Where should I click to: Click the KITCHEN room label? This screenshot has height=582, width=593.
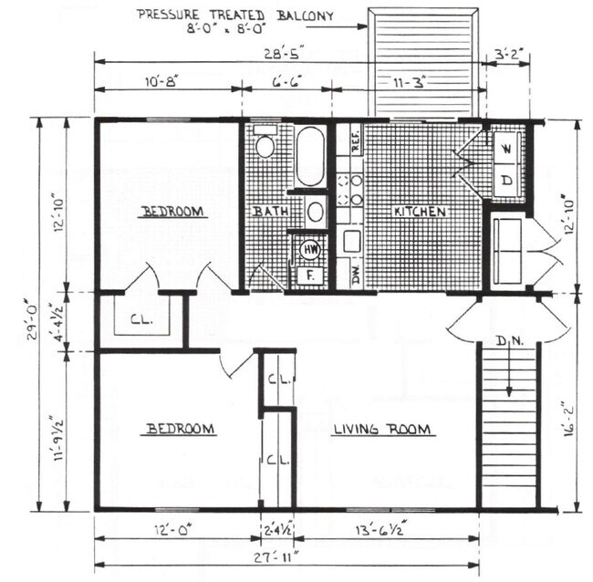pos(420,212)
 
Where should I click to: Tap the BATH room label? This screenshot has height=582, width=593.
pos(271,212)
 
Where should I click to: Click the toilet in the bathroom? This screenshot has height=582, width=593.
pos(265,146)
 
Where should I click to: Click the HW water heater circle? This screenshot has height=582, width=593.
pos(310,248)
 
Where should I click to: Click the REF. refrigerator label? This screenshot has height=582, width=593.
pos(356,140)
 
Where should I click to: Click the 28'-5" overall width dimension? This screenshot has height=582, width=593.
pos(291,52)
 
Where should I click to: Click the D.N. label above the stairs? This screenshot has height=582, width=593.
pos(508,342)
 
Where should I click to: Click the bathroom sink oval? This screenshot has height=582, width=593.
pos(316,213)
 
